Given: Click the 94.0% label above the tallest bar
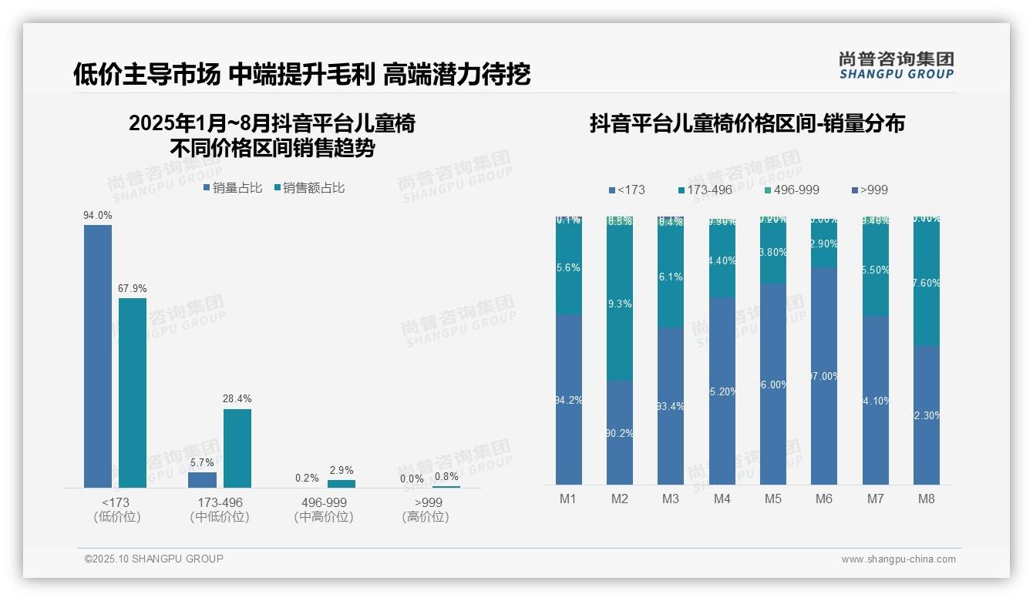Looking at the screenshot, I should [x=98, y=216].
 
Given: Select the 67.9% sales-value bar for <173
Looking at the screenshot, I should [x=133, y=392].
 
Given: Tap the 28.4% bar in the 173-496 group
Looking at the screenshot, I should [x=237, y=448].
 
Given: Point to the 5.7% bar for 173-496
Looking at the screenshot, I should [x=202, y=480].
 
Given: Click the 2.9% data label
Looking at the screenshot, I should [x=342, y=470].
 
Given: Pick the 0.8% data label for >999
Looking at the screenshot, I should [x=446, y=477].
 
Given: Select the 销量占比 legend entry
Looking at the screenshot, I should [x=233, y=188].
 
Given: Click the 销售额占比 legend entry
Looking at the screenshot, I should [x=309, y=188].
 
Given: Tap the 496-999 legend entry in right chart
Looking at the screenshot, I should [x=792, y=190].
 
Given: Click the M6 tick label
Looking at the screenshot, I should [x=824, y=499].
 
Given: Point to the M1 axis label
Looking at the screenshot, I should [x=568, y=499].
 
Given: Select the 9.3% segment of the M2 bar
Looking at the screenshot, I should [x=620, y=304].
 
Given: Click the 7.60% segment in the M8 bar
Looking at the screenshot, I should [x=927, y=283].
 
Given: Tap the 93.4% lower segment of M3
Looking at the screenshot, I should [x=671, y=406].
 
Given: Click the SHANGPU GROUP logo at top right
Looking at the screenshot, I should [x=897, y=65].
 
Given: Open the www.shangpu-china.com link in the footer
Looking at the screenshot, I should [x=898, y=559].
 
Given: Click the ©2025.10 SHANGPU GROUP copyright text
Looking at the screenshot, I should [x=154, y=559].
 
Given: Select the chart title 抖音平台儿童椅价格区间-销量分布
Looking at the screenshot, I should [x=747, y=123].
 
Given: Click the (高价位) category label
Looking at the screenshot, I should [x=426, y=517].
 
